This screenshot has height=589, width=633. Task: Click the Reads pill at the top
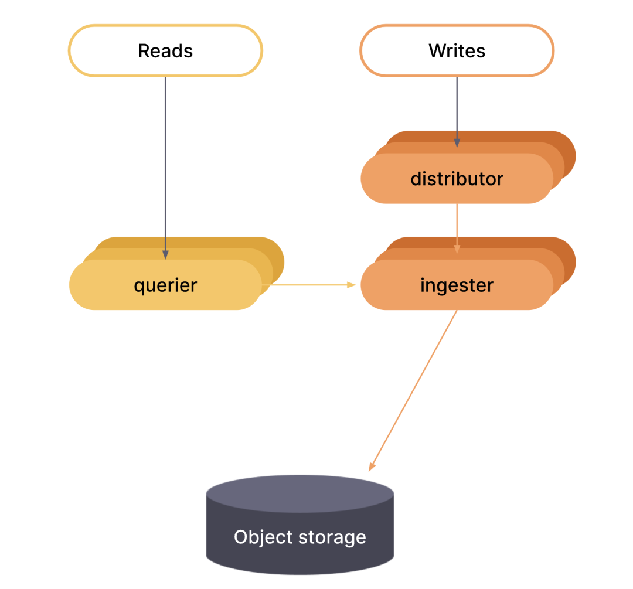(165, 51)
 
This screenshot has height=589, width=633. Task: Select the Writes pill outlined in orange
(457, 51)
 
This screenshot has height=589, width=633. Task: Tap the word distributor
(457, 179)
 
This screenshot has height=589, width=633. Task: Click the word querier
(165, 285)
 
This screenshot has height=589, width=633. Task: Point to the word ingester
(457, 285)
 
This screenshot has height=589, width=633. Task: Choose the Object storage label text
(300, 537)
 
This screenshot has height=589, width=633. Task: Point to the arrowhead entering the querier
(165, 255)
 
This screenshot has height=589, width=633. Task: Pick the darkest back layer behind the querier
(275, 249)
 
